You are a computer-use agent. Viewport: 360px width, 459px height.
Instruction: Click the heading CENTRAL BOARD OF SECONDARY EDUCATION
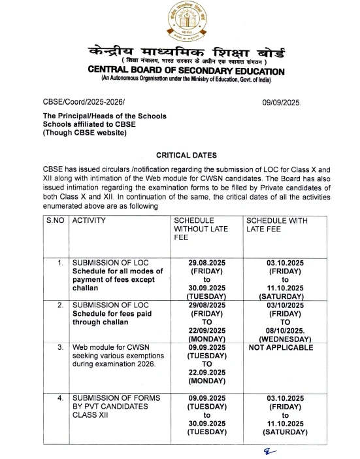[x=180, y=71]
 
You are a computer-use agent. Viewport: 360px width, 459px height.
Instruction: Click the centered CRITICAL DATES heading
[x=180, y=155]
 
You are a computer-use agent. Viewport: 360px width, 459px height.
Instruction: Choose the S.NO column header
[x=56, y=221]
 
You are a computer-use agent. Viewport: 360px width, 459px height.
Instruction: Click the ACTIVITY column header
[x=89, y=221]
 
